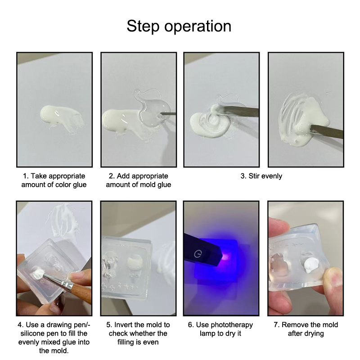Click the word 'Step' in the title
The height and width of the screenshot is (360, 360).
tap(143, 26)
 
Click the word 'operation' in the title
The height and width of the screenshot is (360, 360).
tap(198, 27)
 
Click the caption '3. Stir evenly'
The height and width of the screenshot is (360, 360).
tap(261, 176)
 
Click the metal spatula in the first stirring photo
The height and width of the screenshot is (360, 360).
tap(239, 111)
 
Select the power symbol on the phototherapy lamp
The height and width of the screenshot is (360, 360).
tap(198, 254)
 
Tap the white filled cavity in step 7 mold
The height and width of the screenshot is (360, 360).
tap(310, 265)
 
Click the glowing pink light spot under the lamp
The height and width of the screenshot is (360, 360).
tap(226, 256)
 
